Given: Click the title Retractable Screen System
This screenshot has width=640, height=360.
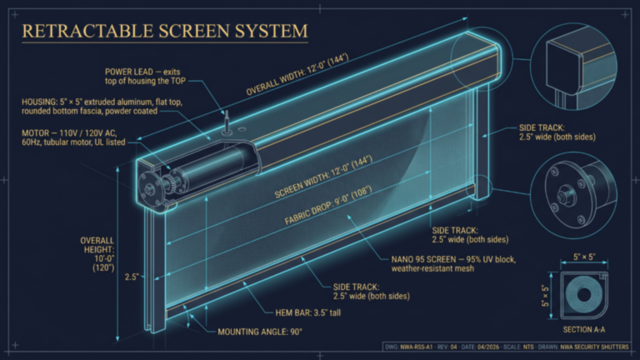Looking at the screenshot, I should pyautogui.click(x=164, y=32).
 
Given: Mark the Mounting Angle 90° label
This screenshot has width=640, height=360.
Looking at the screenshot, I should pyautogui.click(x=259, y=332).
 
